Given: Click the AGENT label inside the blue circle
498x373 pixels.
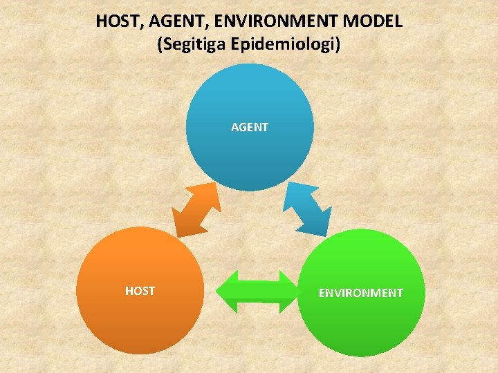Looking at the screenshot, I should [x=250, y=127].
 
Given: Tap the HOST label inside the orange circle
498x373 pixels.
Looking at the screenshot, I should [x=140, y=291].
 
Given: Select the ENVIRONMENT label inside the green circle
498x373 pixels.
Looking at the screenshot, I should [x=360, y=293].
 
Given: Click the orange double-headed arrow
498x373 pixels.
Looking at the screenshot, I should [x=196, y=210].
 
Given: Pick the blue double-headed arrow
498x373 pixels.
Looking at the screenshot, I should [x=309, y=209].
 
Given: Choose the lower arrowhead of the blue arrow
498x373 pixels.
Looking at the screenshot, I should [x=322, y=226].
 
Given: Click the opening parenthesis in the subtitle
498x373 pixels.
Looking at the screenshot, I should [x=161, y=45].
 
